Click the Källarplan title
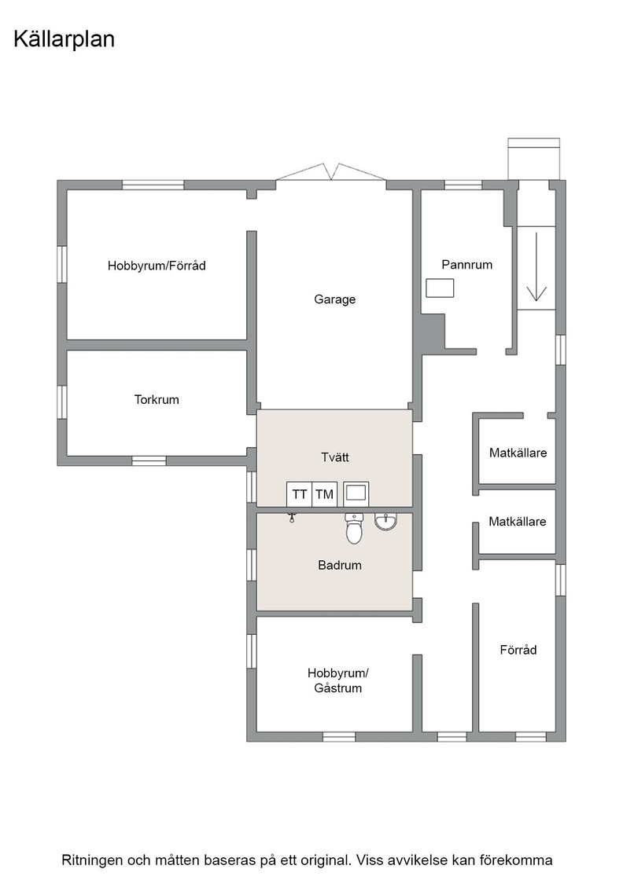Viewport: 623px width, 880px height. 64,40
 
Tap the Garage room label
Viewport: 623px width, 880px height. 335,299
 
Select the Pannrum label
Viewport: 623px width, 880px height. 466,264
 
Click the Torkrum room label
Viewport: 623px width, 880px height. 157,400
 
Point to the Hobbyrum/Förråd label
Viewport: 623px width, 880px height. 157,266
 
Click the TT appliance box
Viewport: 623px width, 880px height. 300,494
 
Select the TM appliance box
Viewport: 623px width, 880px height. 325,494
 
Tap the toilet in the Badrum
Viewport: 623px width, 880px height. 354,528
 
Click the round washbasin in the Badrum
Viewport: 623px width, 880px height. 386,522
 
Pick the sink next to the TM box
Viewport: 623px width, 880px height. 356,494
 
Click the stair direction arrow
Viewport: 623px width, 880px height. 537,266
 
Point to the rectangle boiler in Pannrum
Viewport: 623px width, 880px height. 440,288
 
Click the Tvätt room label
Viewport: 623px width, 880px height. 335,457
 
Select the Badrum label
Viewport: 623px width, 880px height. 340,565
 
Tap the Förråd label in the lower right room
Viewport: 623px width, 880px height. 518,650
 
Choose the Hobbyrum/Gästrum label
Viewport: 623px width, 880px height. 337,680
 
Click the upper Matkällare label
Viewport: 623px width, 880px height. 518,453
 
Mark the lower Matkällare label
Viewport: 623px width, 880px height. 518,522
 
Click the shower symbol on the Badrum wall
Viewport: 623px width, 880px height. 292,517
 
